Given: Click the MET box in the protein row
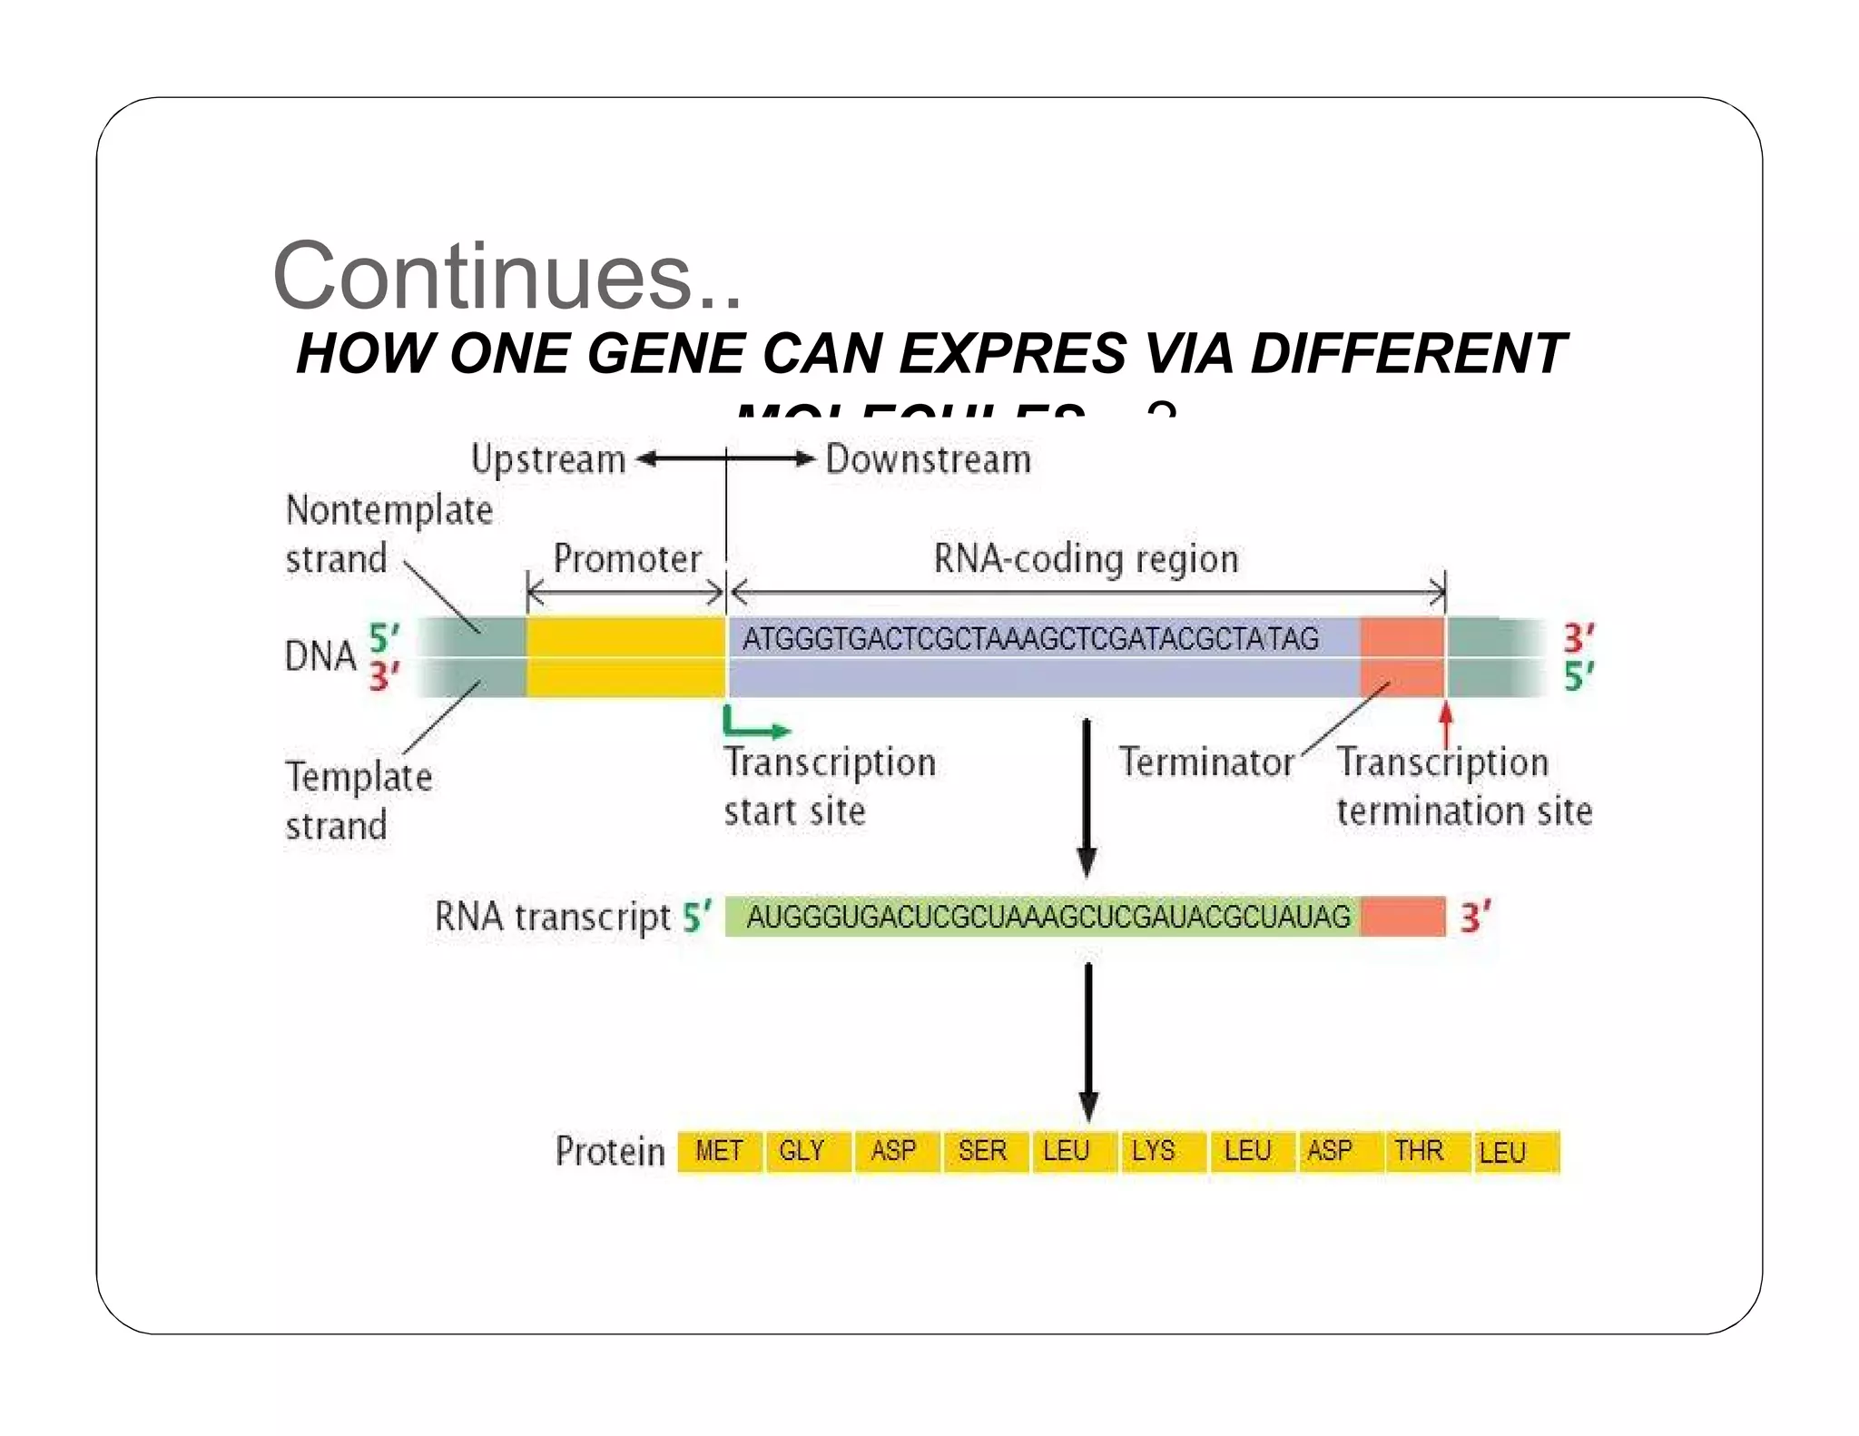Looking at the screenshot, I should click(719, 1152).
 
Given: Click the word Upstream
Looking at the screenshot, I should click(548, 459).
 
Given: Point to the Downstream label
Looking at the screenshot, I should click(928, 459).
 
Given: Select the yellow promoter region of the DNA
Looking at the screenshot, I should click(625, 656).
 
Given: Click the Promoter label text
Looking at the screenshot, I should click(627, 559).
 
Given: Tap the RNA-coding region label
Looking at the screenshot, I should click(1086, 559).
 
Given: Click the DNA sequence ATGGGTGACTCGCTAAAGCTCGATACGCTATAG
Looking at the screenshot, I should click(1029, 639).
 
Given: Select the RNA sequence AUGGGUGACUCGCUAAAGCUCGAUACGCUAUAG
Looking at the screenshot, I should click(1048, 917).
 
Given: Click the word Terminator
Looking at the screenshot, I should click(1205, 762).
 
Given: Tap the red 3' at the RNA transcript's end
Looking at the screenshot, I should click(1475, 917).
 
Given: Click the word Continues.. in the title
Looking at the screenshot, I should click(507, 276).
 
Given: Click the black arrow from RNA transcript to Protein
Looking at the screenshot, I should click(1088, 1039).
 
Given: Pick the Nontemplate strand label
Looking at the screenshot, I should click(389, 535).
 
